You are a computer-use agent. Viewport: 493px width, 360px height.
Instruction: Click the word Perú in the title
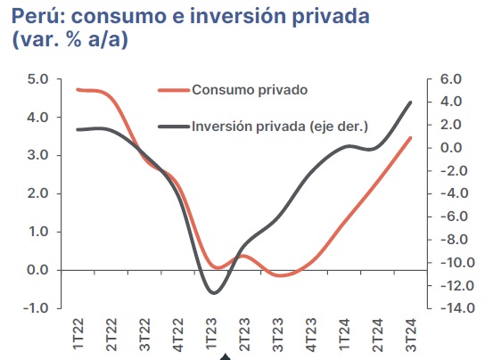[35, 16]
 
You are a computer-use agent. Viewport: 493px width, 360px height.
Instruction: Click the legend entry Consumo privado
[250, 90]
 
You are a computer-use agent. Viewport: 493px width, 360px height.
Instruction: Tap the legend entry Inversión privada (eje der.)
[280, 127]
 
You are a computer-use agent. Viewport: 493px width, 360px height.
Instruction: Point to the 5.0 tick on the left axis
[37, 78]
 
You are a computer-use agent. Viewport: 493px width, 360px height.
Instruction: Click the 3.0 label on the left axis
[37, 155]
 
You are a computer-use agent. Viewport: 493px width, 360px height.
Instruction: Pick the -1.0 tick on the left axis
[36, 308]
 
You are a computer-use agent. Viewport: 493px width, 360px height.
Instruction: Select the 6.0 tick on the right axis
[451, 78]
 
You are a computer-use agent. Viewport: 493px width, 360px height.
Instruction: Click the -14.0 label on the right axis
[457, 308]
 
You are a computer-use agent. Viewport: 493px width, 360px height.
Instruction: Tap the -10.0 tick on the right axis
[457, 262]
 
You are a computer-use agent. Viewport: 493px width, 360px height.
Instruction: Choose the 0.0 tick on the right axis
[451, 148]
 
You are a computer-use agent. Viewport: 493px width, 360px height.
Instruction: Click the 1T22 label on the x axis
[78, 333]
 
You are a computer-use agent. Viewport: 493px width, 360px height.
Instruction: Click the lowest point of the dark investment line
[214, 293]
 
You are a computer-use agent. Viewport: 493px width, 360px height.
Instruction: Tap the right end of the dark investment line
[410, 102]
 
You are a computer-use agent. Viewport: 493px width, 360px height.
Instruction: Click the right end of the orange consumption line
[410, 138]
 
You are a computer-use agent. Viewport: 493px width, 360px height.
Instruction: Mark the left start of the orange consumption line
[78, 90]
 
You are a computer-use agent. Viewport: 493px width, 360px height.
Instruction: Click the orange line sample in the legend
[174, 91]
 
